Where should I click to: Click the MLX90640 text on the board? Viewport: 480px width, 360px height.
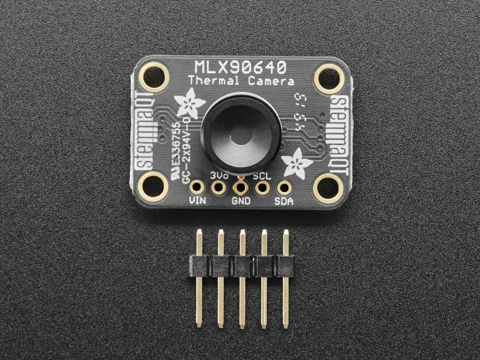240,67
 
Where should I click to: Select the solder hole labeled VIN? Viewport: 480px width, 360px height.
197,187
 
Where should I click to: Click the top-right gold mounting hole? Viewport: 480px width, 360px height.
328,76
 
